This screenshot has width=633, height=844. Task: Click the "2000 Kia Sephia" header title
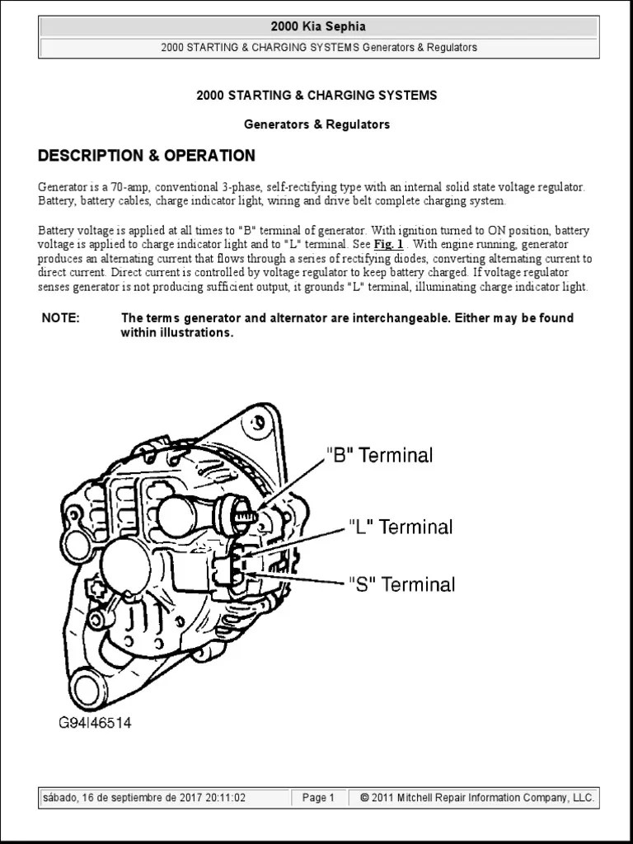318,27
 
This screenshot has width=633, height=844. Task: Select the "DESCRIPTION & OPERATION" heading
147,156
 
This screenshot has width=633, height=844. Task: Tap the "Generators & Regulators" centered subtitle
316,124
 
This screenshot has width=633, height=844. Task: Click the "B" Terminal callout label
379,455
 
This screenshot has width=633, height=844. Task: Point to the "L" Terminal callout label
401,527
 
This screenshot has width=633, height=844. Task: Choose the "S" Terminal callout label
401,584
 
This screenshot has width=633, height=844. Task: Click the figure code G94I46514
94,723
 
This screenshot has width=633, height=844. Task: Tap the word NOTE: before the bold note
60,318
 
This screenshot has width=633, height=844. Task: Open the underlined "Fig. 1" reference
388,245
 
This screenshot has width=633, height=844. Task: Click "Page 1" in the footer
318,798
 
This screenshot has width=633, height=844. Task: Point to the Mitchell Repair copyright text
477,798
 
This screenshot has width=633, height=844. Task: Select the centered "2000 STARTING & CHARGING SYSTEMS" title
316,96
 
